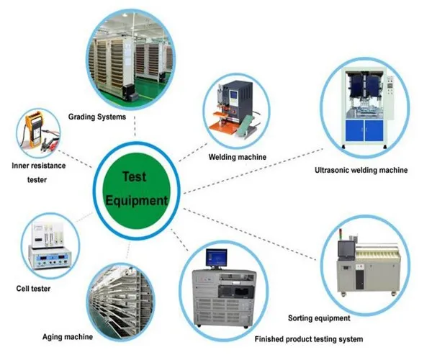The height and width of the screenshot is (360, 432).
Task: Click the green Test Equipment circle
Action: (136, 191)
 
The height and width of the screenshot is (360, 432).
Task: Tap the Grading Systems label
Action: (97, 117)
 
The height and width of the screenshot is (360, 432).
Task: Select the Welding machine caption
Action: (237, 157)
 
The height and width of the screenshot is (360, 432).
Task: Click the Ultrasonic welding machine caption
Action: (361, 170)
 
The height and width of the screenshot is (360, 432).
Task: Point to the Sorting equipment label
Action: (319, 318)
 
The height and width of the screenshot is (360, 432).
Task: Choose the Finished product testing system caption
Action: (309, 339)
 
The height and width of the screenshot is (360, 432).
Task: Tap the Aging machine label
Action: (68, 337)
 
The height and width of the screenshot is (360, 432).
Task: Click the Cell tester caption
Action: (33, 289)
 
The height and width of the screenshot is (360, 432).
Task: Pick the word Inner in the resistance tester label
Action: (20, 166)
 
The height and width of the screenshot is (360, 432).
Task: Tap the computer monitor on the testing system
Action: (217, 258)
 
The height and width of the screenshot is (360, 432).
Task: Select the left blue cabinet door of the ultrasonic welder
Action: (354, 130)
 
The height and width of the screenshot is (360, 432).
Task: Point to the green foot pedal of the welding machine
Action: (245, 125)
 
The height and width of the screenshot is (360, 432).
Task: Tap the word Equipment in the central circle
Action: (136, 200)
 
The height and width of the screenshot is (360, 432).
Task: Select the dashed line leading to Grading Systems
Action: (135, 126)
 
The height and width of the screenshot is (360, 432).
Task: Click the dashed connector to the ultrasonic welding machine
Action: (253, 171)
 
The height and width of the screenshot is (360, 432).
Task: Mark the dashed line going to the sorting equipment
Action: (250, 234)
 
